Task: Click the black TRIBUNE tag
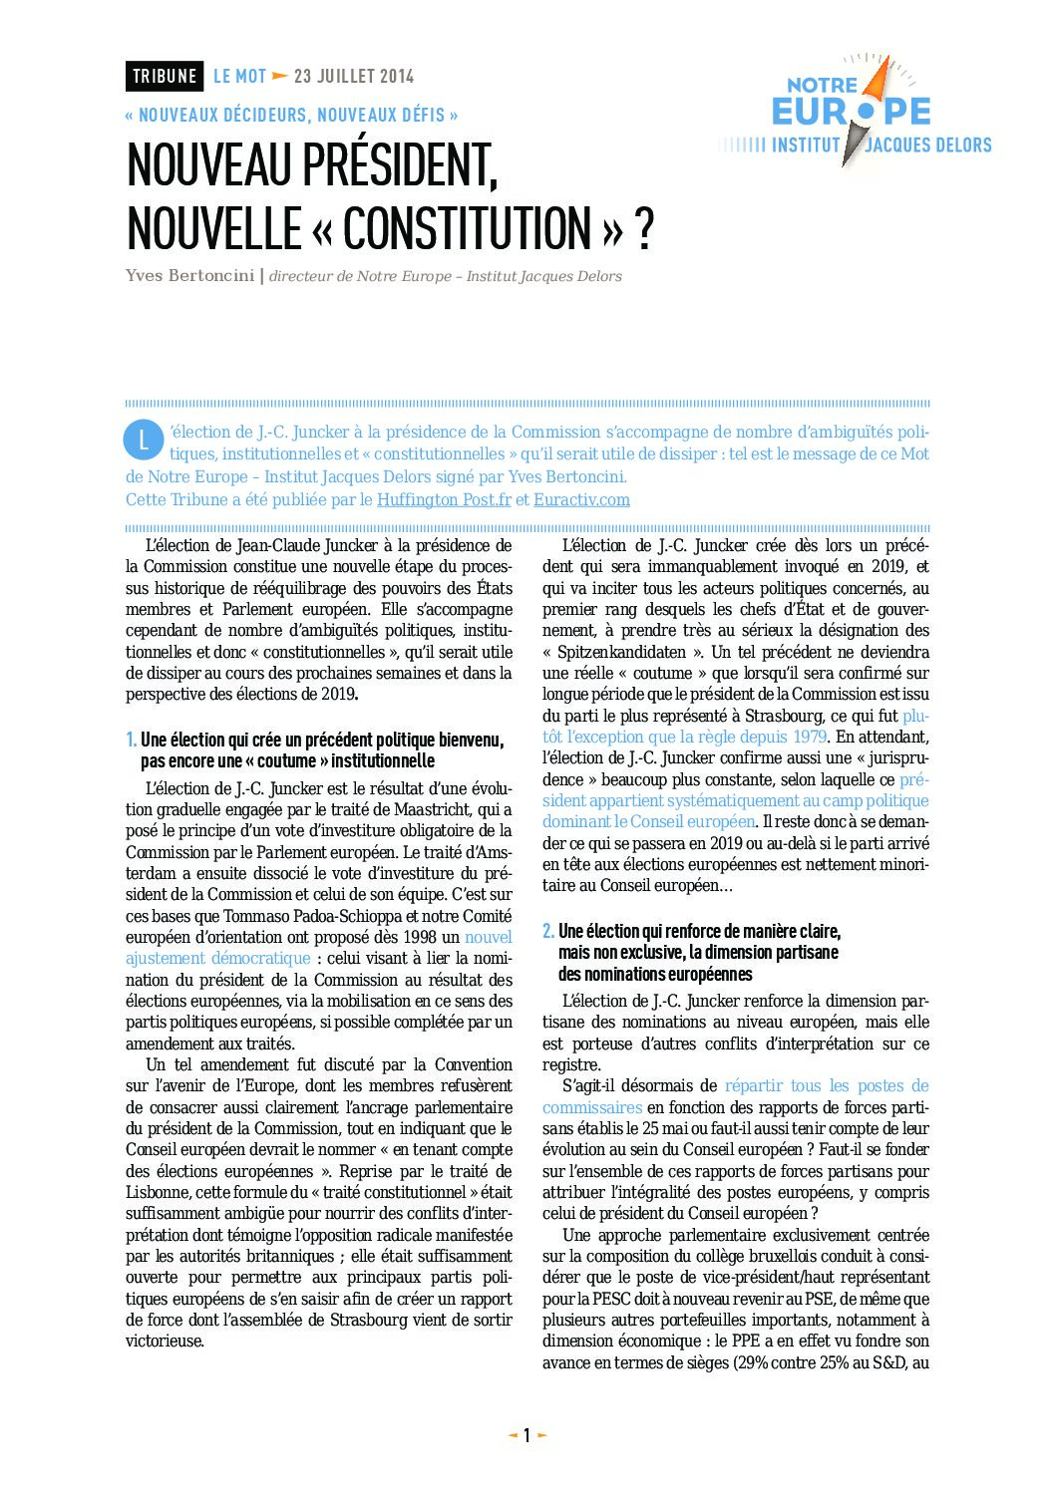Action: pos(165,76)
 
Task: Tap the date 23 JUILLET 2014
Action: pos(354,76)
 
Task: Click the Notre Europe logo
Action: pos(854,113)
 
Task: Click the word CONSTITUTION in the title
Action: pos(467,228)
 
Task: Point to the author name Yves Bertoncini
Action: pos(189,276)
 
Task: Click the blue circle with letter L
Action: pos(143,440)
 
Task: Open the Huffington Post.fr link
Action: pos(444,500)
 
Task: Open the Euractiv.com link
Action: pos(581,500)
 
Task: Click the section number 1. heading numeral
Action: pos(131,740)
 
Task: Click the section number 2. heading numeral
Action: pos(548,931)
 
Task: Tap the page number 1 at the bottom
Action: pos(527,1436)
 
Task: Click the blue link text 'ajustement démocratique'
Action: pos(218,959)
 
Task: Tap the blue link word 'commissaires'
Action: pos(592,1107)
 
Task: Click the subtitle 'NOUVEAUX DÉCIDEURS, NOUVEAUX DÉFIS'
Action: pos(291,116)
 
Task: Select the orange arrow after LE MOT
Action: pos(280,76)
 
